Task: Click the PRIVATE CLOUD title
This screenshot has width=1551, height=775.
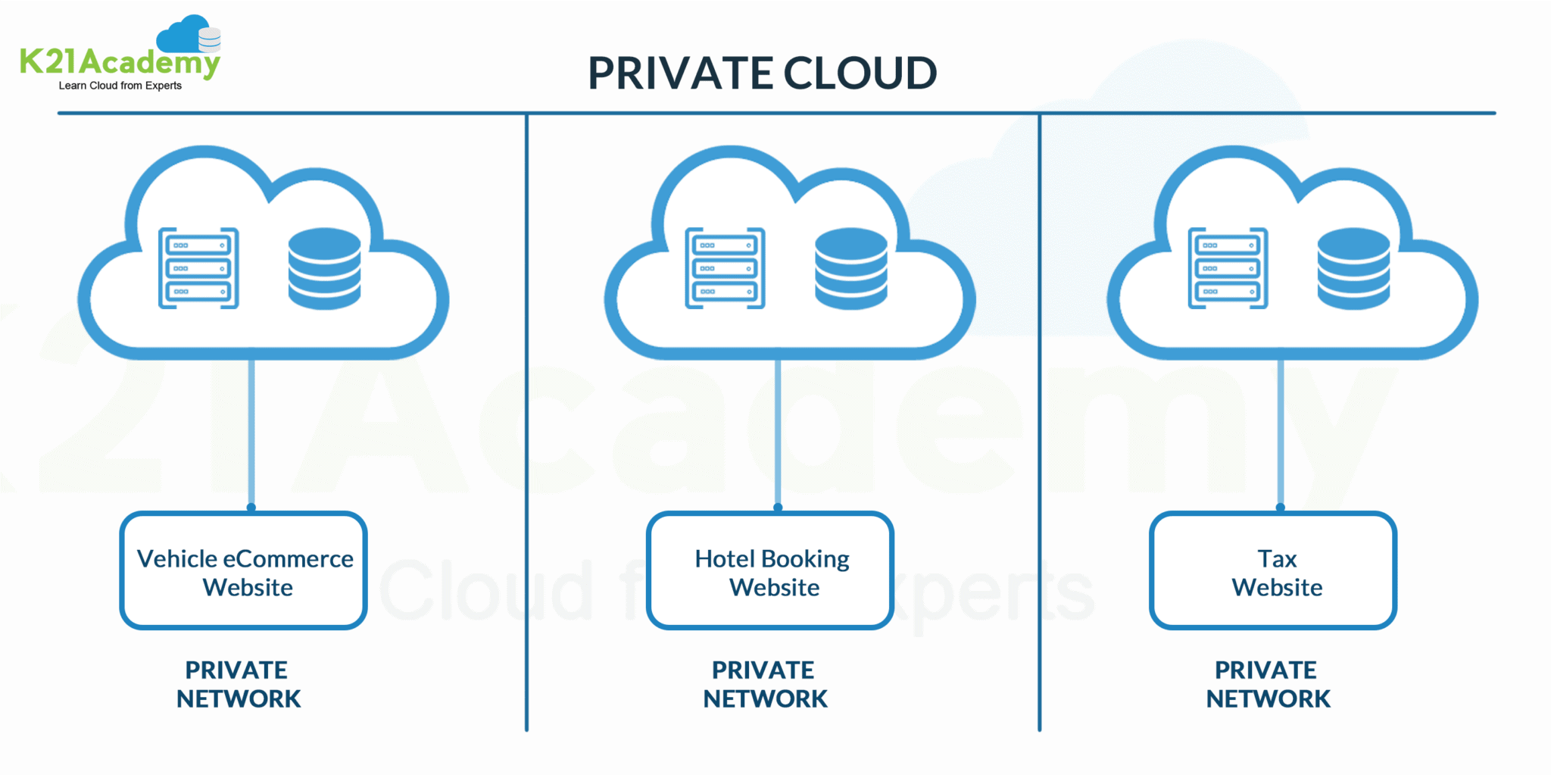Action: pos(762,73)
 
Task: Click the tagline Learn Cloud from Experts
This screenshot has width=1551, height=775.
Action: pos(120,86)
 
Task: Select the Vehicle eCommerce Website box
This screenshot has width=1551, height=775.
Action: pos(244,571)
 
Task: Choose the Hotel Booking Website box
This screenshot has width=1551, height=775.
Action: pos(770,571)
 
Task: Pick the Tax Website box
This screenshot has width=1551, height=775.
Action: pos(1273,571)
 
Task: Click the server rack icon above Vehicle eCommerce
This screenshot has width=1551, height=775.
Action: pos(198,268)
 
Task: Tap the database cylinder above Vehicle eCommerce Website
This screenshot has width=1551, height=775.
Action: pos(324,268)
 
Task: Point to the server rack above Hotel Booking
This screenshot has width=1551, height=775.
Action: pos(725,268)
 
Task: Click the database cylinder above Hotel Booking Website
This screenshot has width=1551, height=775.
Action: pos(850,268)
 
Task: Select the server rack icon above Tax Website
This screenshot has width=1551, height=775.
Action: pos(1228,268)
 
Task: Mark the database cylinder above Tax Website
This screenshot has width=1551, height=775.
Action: pos(1353,268)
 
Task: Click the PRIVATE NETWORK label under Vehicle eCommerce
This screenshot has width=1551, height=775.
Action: pos(238,684)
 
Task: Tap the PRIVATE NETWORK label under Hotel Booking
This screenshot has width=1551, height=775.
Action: pos(765,684)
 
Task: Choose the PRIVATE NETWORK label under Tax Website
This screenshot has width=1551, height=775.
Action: pos(1268,684)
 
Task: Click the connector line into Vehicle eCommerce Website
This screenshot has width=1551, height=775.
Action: pos(251,432)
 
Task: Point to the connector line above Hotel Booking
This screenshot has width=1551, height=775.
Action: pos(778,432)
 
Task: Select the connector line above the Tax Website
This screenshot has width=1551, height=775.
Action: pos(1281,432)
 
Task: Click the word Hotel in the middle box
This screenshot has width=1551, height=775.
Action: pos(724,559)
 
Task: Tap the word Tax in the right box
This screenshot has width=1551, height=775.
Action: pos(1277,559)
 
